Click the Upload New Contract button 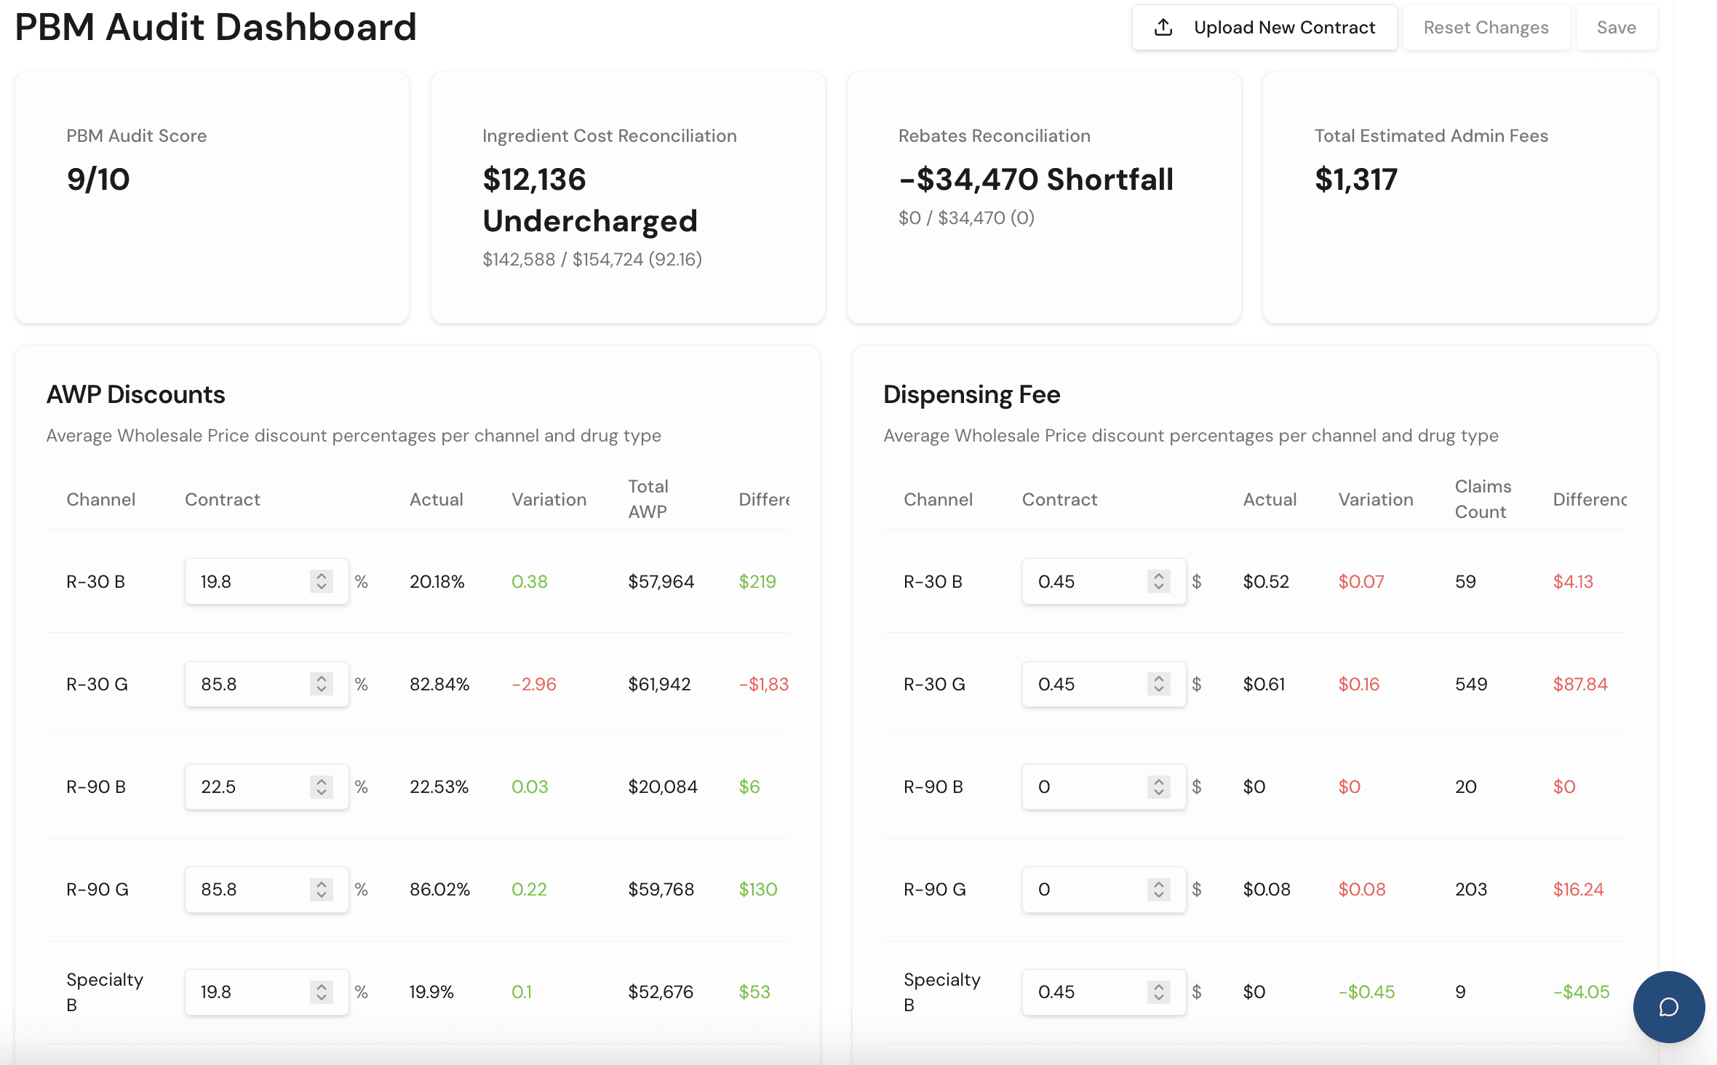(x=1264, y=28)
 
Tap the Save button (x=1617, y=28)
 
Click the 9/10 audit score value (x=98, y=179)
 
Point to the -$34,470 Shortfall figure (x=1036, y=179)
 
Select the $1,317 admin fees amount (x=1356, y=179)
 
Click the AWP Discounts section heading (x=136, y=394)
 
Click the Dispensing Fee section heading (x=971, y=394)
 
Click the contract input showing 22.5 (x=266, y=786)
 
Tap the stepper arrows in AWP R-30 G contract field (x=322, y=684)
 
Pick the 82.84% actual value (x=439, y=684)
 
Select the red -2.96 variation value (x=534, y=684)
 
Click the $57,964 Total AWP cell (x=661, y=581)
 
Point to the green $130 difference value (x=758, y=889)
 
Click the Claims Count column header (x=1483, y=499)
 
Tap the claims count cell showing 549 (x=1471, y=684)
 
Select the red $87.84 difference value (x=1580, y=684)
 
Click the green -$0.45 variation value (x=1366, y=992)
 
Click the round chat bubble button (x=1669, y=1007)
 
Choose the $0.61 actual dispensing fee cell (x=1264, y=684)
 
